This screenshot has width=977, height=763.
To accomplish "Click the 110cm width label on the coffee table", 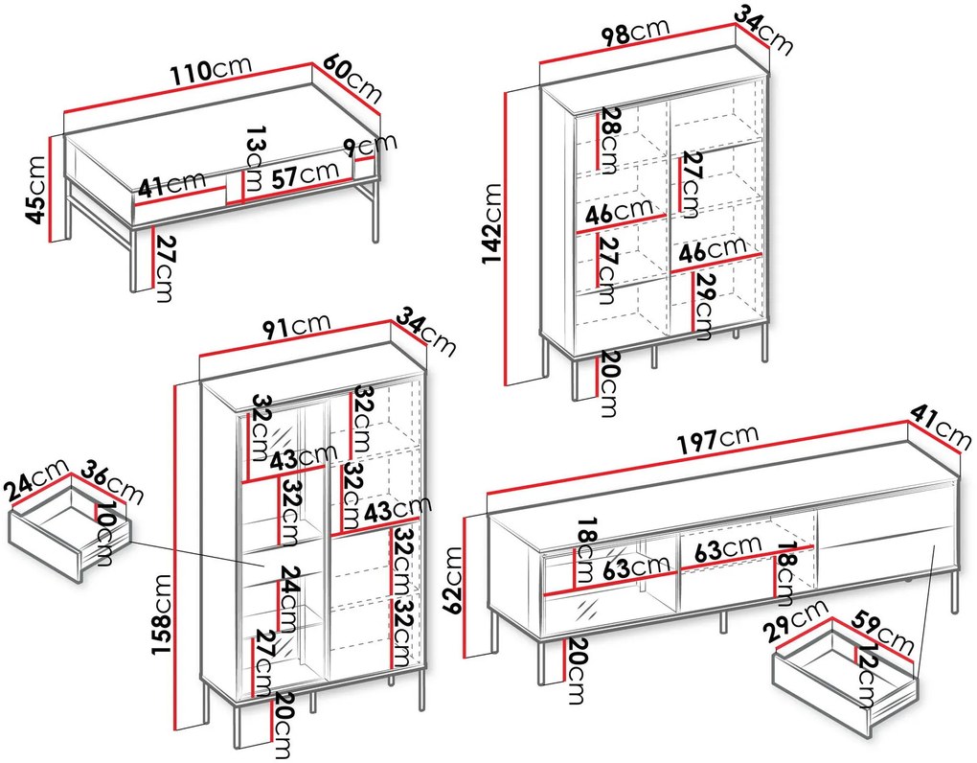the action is point(212,69).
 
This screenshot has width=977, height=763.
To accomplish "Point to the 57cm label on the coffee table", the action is point(306,173).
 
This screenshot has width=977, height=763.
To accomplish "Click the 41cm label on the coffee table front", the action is point(171,183).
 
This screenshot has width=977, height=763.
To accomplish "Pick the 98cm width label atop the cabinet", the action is point(636,32).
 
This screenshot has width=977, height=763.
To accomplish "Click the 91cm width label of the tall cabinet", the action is point(297,326).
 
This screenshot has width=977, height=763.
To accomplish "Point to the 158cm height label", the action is point(162,614).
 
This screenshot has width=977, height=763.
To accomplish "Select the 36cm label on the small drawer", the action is point(113,481).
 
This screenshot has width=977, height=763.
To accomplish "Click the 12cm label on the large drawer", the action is point(869,676).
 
